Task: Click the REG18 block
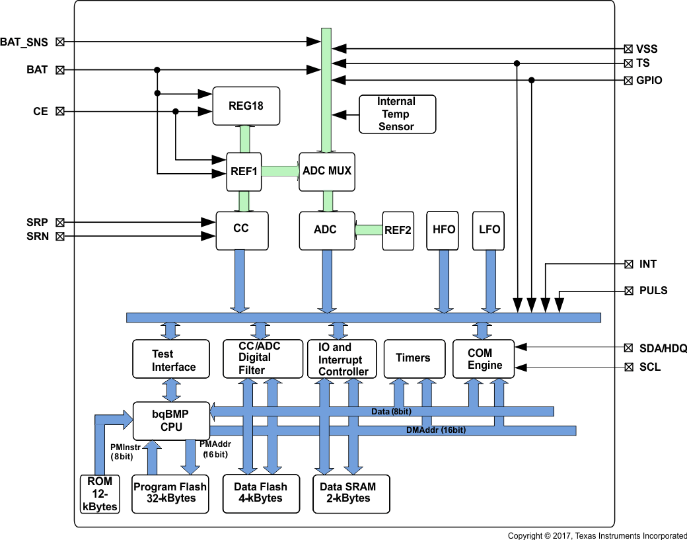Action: point(246,106)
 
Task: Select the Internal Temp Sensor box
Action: point(396,114)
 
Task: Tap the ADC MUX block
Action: point(327,171)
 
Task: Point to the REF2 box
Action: point(398,231)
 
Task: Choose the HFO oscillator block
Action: point(443,230)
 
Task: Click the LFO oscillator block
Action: point(489,230)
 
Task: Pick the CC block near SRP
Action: point(242,231)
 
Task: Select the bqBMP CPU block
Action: point(172,420)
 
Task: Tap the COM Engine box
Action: point(485,359)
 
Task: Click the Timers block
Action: point(413,359)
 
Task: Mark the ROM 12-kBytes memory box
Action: point(100,494)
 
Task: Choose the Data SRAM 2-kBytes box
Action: point(351,493)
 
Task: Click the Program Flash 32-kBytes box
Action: point(170,493)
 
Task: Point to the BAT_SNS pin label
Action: point(24,42)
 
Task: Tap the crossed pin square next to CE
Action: point(60,112)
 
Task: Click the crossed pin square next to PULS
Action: point(629,291)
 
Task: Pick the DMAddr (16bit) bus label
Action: point(435,430)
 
